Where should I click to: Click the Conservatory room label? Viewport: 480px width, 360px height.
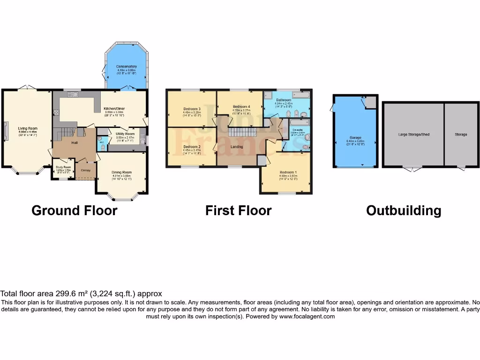tap(127, 67)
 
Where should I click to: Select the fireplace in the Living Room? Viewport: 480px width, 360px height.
tap(6, 131)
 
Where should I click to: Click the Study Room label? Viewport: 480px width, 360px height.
tap(64, 167)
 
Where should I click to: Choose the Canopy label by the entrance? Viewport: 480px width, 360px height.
tap(85, 170)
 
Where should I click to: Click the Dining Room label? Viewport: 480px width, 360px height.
tap(121, 172)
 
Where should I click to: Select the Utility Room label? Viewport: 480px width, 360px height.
tap(125, 134)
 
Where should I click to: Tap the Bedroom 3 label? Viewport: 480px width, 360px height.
tap(192, 109)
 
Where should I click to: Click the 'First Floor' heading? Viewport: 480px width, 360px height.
tap(238, 210)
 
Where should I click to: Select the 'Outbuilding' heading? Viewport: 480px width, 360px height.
tap(403, 210)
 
